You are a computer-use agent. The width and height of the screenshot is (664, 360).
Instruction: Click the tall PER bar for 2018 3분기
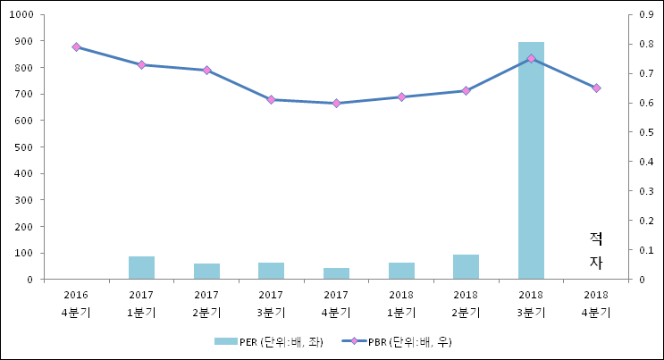pos(531,161)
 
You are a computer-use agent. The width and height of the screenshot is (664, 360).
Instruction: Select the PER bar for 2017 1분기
pos(141,268)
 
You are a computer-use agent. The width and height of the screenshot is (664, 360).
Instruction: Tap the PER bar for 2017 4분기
pos(336,273)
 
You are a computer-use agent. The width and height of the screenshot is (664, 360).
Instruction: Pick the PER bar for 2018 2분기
pos(466,267)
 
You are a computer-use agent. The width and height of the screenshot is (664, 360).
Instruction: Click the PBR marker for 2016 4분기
pos(76,46)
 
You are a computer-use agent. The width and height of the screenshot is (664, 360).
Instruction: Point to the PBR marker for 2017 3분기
pos(271,100)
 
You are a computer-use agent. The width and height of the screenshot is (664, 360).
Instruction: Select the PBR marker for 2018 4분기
pos(596,88)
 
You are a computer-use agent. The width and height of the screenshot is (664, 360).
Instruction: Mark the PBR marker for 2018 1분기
pos(401,96)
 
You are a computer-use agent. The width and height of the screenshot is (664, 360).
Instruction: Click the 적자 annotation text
pos(596,250)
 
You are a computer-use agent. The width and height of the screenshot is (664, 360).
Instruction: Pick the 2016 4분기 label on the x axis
pos(76,303)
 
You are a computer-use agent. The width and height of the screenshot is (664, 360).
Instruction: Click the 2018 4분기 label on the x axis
pos(596,303)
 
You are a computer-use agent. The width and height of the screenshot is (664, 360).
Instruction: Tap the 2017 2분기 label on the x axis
pos(206,303)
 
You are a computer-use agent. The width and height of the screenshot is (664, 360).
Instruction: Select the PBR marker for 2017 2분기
pos(206,70)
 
